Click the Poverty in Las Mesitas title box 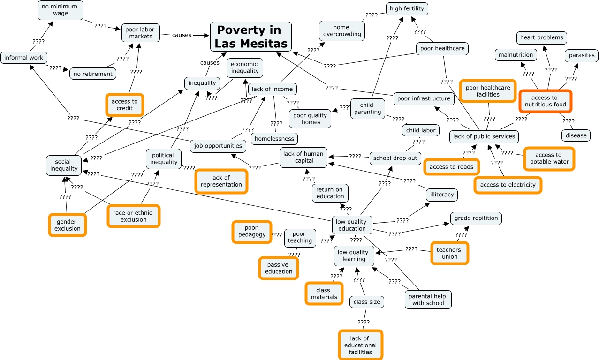click(x=250, y=37)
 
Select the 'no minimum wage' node click(x=61, y=10)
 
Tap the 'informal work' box click(x=24, y=58)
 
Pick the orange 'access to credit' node click(x=125, y=105)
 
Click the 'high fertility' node click(x=407, y=8)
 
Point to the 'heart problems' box click(x=542, y=37)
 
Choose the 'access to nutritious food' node click(x=545, y=101)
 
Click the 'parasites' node click(x=582, y=55)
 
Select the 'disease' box click(x=576, y=135)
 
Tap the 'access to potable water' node click(x=548, y=158)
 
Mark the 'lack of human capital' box click(x=303, y=157)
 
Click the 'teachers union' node click(x=449, y=253)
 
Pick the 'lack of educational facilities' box click(x=360, y=345)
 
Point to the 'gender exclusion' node click(x=68, y=225)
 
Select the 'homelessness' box click(x=274, y=138)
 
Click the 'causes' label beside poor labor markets click(x=182, y=35)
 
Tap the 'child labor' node click(x=421, y=130)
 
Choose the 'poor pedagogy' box click(x=251, y=232)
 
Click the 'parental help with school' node click(x=428, y=300)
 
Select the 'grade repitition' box click(x=476, y=218)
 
